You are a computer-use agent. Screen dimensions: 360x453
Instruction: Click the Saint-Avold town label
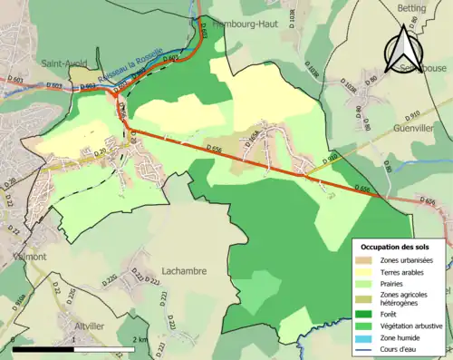(x=63, y=63)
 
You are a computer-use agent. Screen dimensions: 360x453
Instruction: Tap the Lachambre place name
(x=183, y=270)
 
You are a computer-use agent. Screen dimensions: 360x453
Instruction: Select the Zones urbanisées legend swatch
(x=367, y=261)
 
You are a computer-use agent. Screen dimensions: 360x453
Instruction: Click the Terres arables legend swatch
(x=367, y=273)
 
